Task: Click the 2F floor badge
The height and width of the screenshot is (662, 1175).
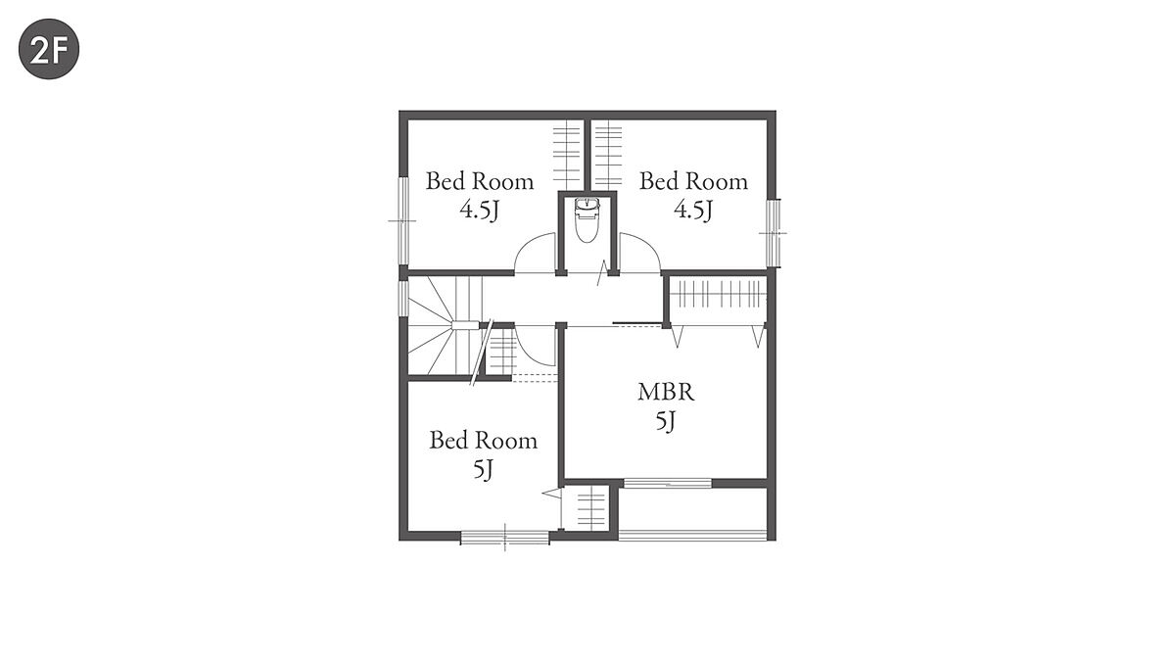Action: coord(49,49)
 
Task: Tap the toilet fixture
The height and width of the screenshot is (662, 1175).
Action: coord(587,220)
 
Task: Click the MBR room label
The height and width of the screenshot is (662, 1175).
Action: coord(666,393)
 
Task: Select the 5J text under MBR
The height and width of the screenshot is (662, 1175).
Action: coord(666,421)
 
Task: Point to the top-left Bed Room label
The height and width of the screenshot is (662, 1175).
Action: coord(480,181)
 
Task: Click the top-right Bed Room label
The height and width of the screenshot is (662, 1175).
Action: coord(693,181)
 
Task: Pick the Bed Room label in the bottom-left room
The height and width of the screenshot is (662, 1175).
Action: coord(483,441)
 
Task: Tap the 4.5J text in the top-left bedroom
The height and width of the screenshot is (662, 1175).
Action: coord(480,211)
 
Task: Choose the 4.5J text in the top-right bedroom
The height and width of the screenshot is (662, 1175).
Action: coord(693,211)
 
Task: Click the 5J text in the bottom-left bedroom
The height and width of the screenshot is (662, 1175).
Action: coord(483,469)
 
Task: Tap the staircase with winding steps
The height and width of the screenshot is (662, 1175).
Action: coord(445,325)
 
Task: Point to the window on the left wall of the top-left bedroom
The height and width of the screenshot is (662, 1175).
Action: coord(403,221)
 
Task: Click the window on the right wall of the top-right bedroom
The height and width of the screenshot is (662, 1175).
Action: coord(773,233)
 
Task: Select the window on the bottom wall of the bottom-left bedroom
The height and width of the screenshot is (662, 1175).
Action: coord(504,538)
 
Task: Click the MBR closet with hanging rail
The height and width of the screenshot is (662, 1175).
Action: coord(718,299)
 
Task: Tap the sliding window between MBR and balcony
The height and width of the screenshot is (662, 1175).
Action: coord(667,483)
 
